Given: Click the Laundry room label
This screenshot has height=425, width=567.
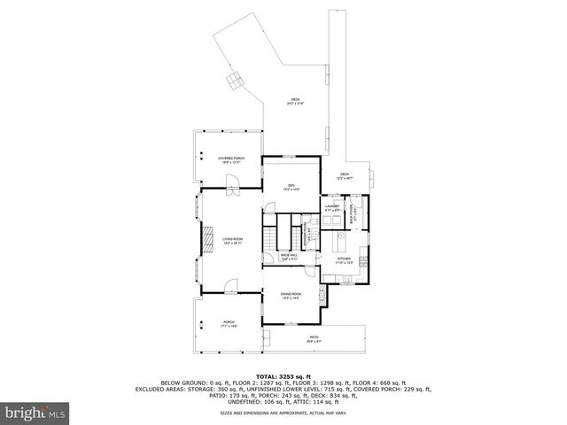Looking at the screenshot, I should (x=332, y=206).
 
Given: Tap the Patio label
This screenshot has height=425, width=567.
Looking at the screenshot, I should (x=314, y=336).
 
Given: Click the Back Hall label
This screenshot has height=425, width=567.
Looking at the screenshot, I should (x=289, y=256).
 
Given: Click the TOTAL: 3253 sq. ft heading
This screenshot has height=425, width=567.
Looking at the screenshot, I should (x=283, y=376).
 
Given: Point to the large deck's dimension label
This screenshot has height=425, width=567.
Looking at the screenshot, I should (x=295, y=101).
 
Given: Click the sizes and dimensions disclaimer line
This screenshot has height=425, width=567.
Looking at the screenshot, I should (x=283, y=412).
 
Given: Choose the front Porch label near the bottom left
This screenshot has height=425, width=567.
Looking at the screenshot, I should (x=229, y=323).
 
